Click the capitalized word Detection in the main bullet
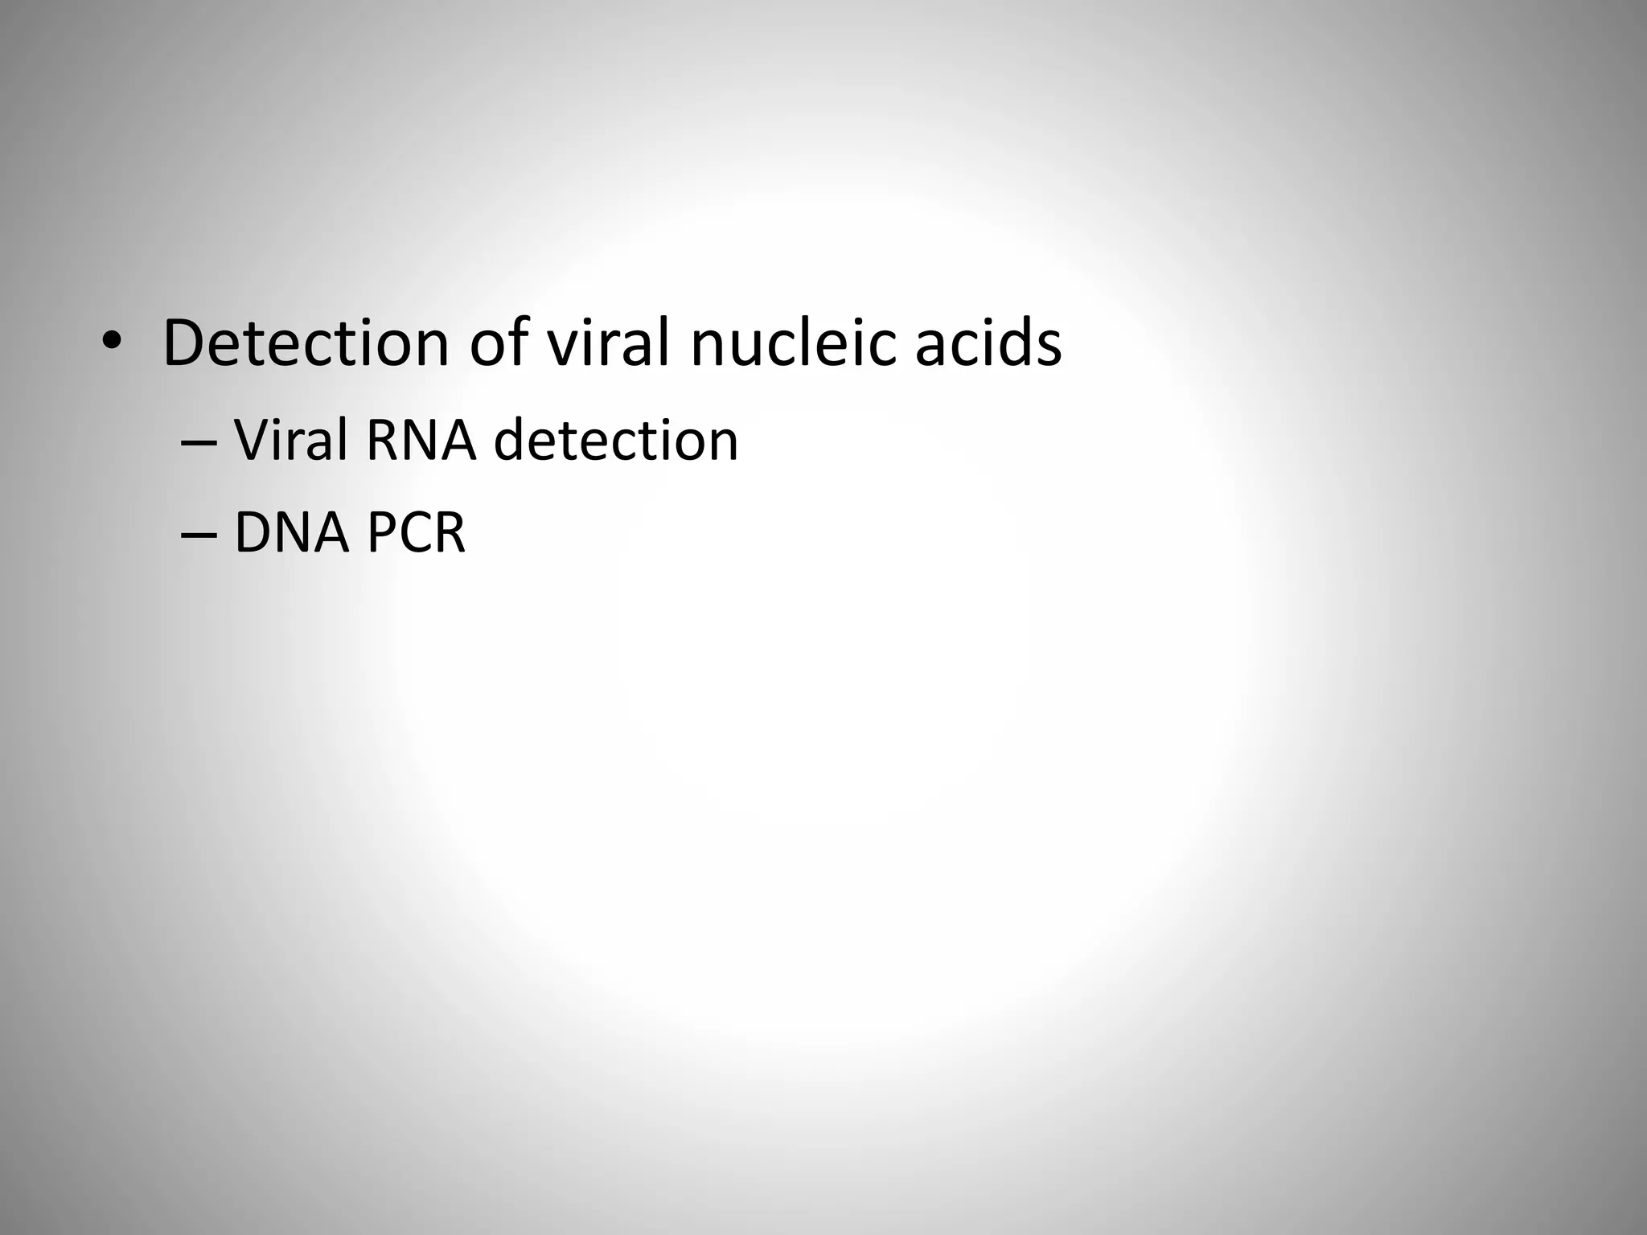coord(306,343)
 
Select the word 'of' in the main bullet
coord(497,343)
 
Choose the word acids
coord(988,343)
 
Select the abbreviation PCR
coord(416,533)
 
